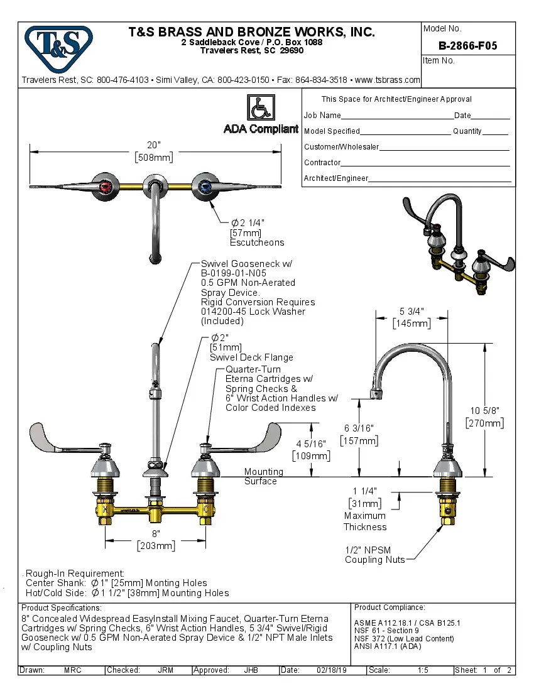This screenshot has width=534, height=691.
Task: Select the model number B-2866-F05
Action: (x=467, y=46)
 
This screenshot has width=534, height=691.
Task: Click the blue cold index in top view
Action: (x=205, y=186)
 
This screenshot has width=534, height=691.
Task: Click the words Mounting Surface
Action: (x=263, y=476)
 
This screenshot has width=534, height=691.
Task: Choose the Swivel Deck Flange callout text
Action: (x=251, y=357)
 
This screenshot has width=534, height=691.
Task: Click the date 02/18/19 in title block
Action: (x=331, y=670)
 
